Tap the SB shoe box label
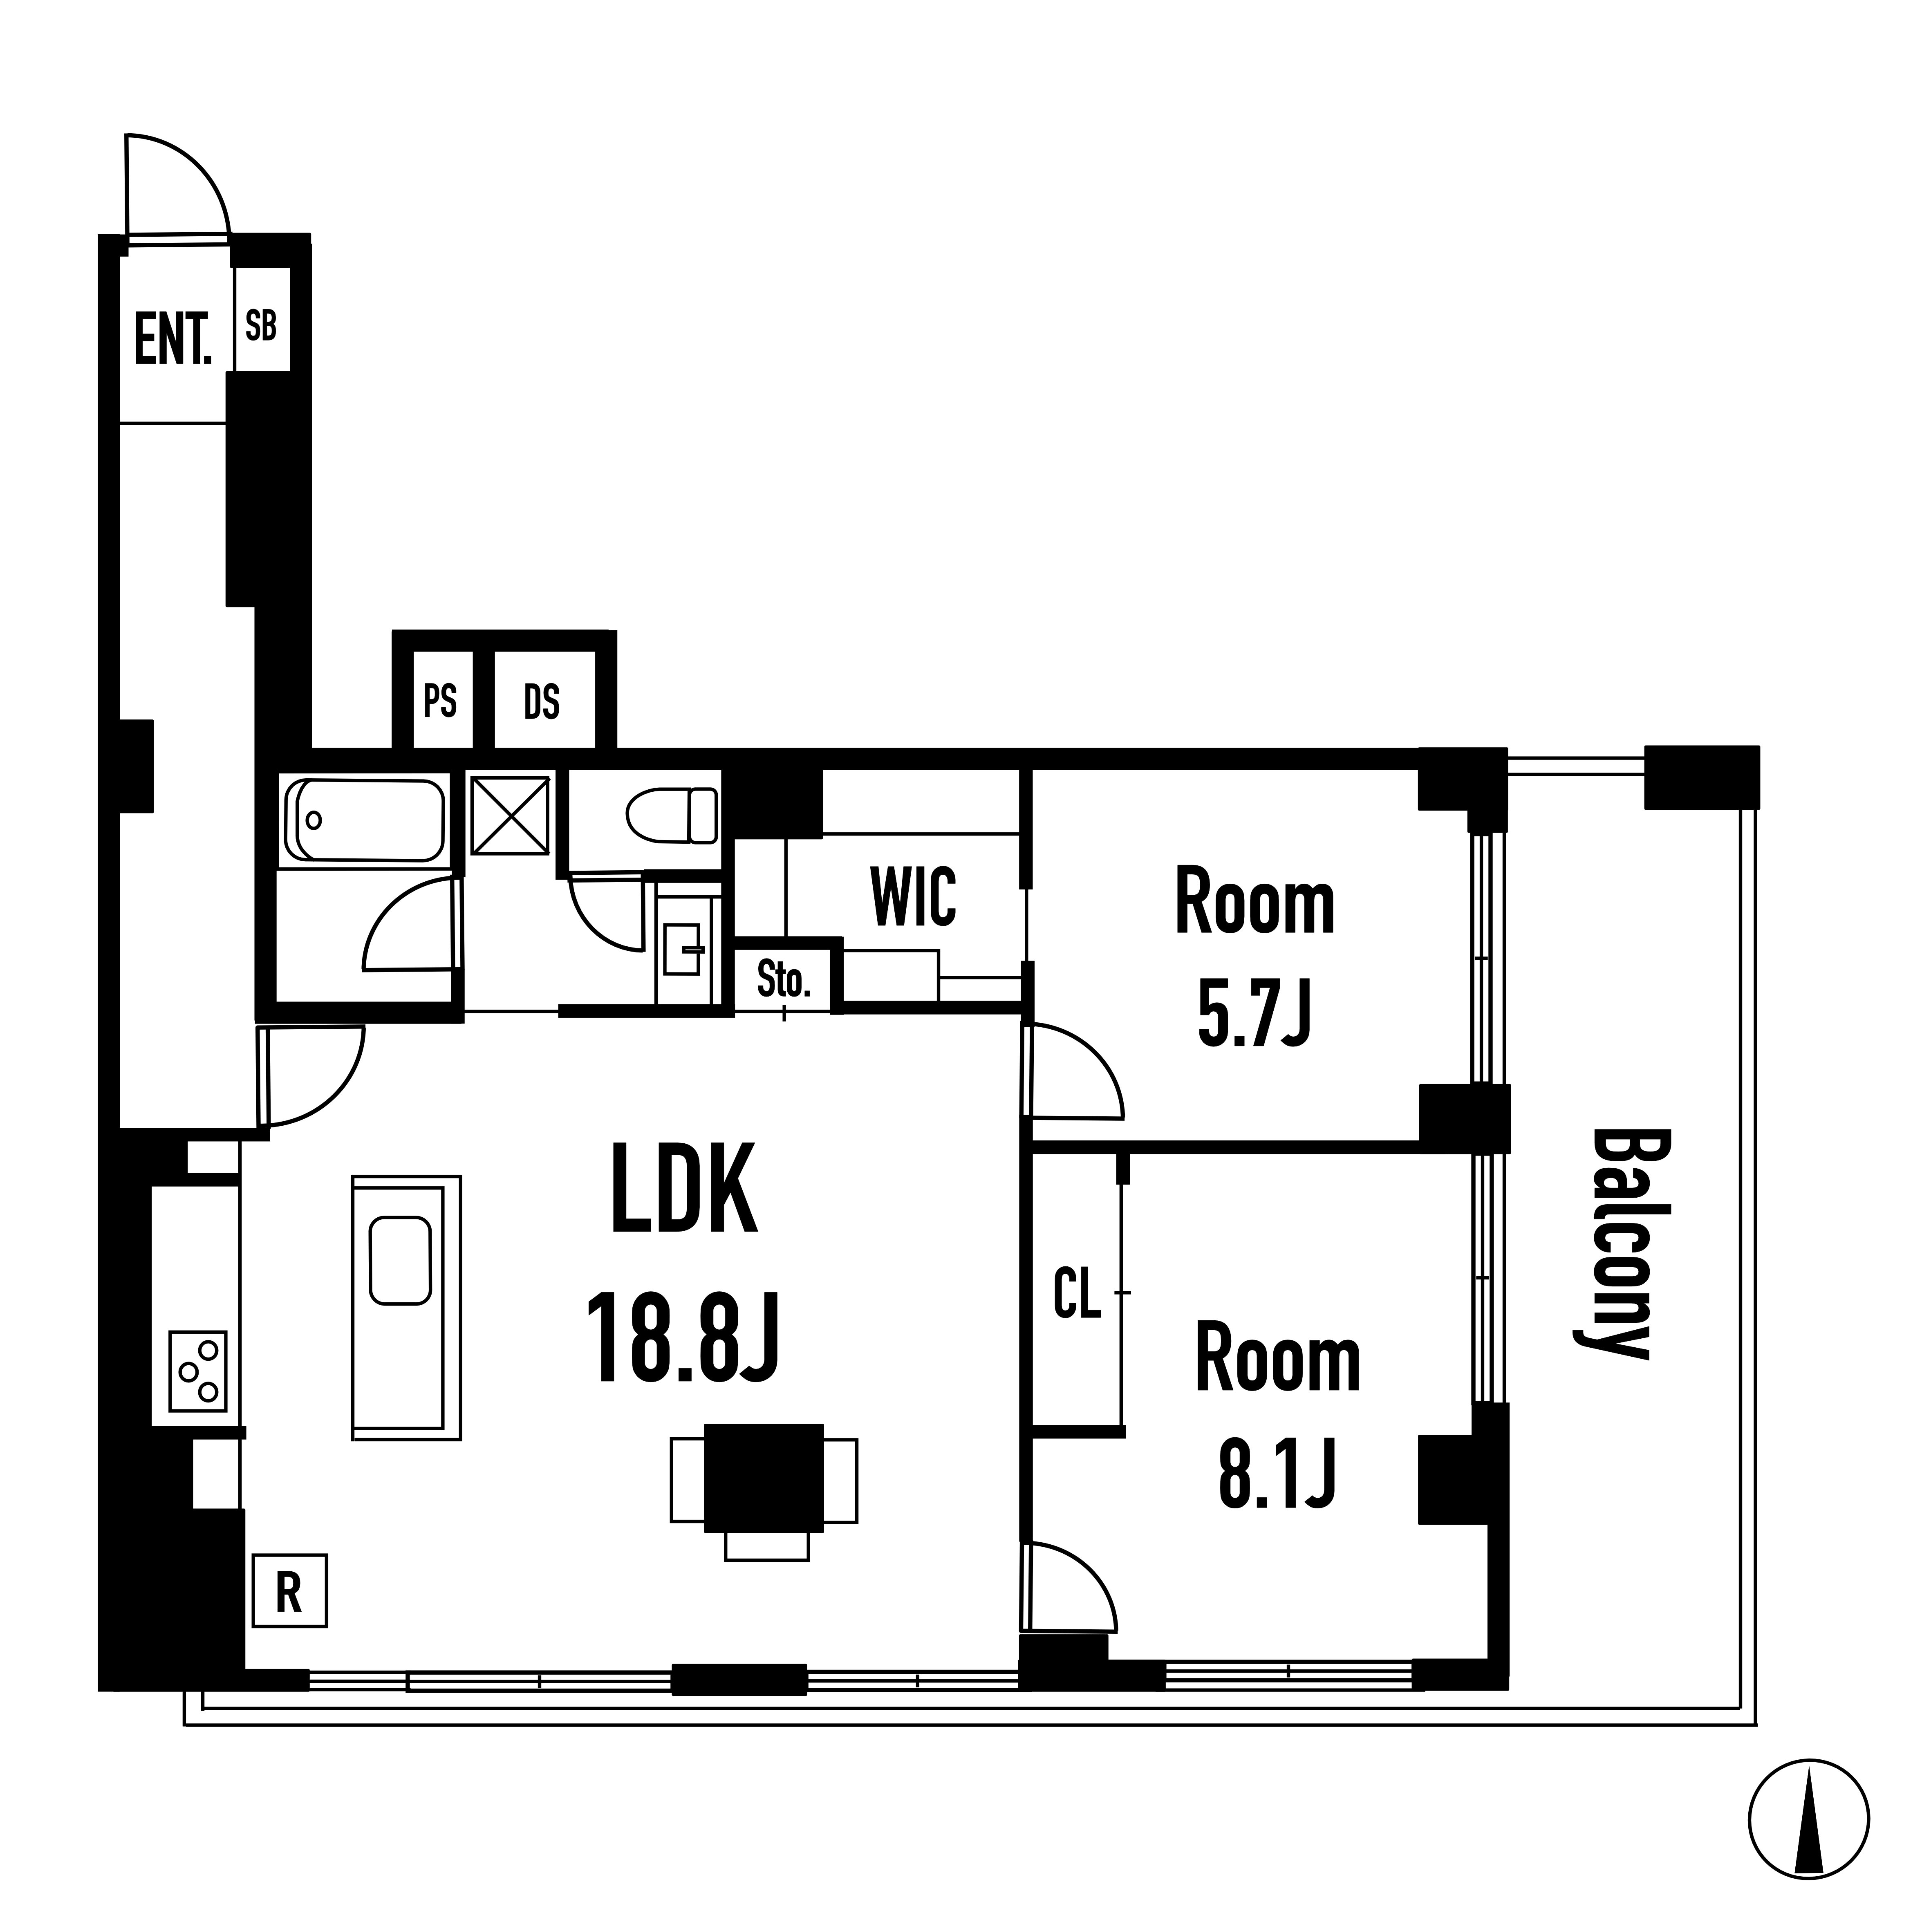pos(261,326)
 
